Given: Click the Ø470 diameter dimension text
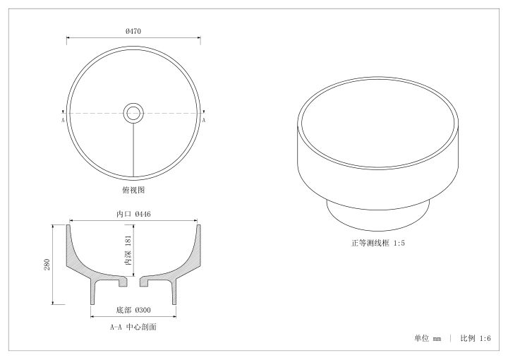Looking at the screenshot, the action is [133, 31].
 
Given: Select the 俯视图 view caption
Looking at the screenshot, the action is [133, 190].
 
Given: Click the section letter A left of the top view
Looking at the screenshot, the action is [63, 120].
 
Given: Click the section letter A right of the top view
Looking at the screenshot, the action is [204, 120].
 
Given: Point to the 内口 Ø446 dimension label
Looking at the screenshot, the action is [133, 214].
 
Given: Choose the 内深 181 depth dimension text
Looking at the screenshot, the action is [128, 250].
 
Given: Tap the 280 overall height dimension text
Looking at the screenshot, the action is [47, 265].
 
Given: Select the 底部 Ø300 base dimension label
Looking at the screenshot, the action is [133, 310].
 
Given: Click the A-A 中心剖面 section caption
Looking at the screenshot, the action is [133, 327].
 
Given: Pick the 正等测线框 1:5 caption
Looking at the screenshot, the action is [378, 243].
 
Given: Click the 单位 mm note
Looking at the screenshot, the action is [428, 338].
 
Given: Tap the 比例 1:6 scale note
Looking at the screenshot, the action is [476, 338].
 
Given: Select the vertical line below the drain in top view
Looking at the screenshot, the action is [133, 150].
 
